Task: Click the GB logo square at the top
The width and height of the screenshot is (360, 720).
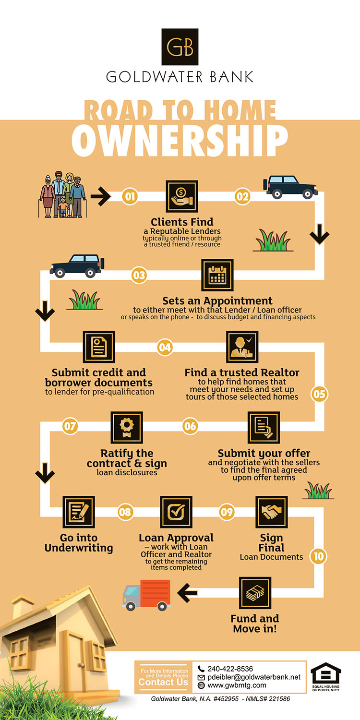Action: click(180, 47)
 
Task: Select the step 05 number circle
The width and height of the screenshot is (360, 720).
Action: click(319, 395)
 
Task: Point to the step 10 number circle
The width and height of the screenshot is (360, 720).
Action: click(318, 557)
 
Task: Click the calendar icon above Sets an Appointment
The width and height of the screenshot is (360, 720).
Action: click(217, 276)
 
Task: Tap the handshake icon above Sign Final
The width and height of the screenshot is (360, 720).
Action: click(272, 512)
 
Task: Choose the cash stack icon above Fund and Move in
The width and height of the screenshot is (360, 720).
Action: click(255, 593)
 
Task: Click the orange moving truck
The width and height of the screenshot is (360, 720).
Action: click(147, 594)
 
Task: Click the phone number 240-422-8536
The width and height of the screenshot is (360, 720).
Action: click(230, 669)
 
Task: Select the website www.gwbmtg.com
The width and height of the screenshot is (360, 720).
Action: click(237, 685)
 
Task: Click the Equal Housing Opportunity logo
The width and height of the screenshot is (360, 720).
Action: click(326, 676)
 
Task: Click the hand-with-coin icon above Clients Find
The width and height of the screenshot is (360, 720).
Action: click(182, 196)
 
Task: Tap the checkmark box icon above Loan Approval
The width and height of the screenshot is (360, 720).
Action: click(176, 512)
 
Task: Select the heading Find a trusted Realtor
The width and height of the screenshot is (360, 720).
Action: click(242, 372)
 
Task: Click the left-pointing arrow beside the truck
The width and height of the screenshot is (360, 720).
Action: click(188, 593)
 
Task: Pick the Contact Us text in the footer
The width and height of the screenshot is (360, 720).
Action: click(163, 682)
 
